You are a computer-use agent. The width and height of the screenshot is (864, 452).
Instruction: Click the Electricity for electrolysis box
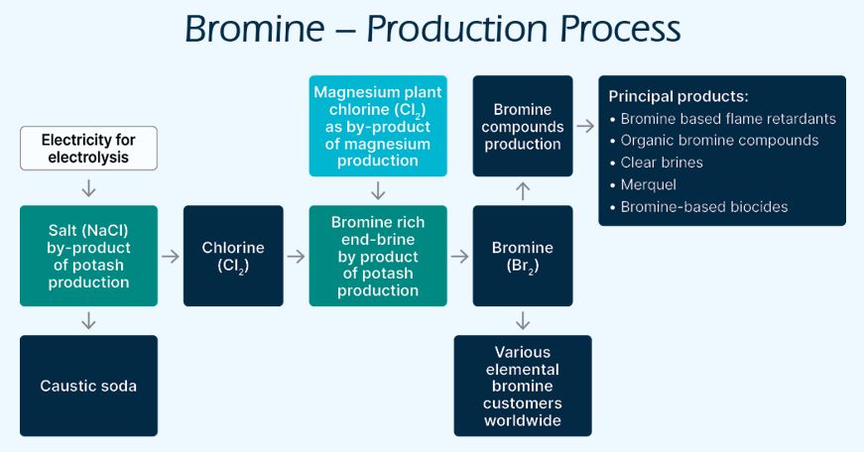pyautogui.click(x=88, y=149)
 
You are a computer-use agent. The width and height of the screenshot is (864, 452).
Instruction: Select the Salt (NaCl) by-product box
pyautogui.click(x=88, y=256)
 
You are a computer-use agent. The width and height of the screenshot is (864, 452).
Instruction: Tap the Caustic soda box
pyautogui.click(x=88, y=386)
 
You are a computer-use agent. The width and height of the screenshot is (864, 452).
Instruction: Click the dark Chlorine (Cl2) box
pyautogui.click(x=233, y=256)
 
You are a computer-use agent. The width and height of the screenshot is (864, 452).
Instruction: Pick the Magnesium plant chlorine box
pyautogui.click(x=378, y=126)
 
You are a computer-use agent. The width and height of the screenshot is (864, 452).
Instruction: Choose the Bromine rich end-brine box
pyautogui.click(x=378, y=256)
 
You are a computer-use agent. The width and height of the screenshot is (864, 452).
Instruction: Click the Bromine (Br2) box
pyautogui.click(x=523, y=256)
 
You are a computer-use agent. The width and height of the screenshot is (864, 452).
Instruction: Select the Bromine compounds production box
pyautogui.click(x=523, y=126)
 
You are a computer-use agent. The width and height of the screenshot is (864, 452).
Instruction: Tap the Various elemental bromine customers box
pyautogui.click(x=523, y=386)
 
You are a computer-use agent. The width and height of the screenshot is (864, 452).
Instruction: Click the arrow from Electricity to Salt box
pyautogui.click(x=88, y=186)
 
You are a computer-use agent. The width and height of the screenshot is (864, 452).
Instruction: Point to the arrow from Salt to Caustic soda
pyautogui.click(x=88, y=320)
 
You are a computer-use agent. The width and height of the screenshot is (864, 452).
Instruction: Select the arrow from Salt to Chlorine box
pyautogui.click(x=171, y=256)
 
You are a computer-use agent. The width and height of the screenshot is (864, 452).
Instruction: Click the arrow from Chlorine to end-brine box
pyautogui.click(x=297, y=256)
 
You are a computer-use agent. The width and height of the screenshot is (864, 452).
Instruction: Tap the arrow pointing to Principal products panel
pyautogui.click(x=586, y=126)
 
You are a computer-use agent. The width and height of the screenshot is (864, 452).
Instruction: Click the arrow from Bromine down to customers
pyautogui.click(x=523, y=320)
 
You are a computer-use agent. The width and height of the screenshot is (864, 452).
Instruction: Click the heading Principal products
pyautogui.click(x=679, y=97)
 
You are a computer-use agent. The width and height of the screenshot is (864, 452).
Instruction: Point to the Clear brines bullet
pyautogui.click(x=662, y=163)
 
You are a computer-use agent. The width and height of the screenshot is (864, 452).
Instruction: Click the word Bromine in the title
pyautogui.click(x=257, y=29)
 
